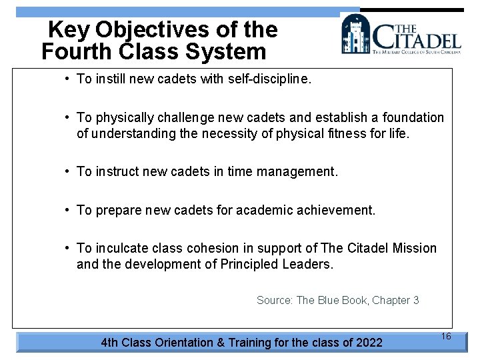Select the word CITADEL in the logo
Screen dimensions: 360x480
(x=416, y=37)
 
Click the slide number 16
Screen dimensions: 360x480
(x=446, y=337)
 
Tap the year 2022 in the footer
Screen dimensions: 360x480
(x=369, y=343)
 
